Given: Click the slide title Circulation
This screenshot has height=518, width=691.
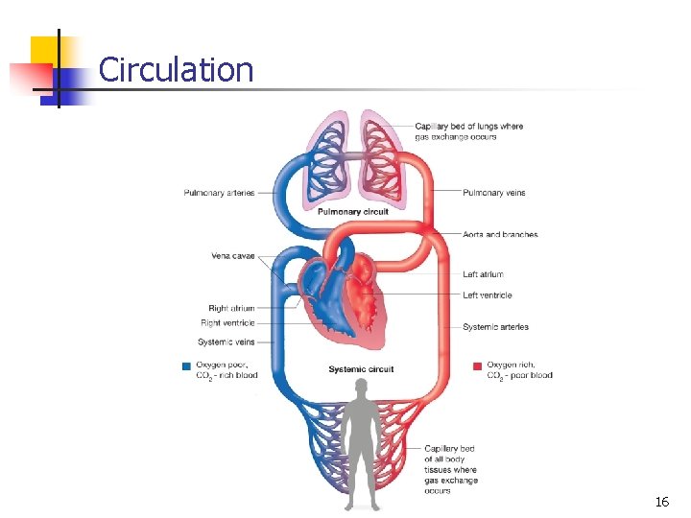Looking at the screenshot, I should point(176,70).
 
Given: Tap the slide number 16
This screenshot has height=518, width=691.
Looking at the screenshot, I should point(661,502).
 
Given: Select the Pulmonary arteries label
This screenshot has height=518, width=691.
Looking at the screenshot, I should point(219,193).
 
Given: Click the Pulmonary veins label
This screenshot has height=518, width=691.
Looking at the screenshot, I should point(494,193).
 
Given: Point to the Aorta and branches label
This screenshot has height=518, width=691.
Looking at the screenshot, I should point(500,234).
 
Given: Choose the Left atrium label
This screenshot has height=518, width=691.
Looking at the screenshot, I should point(483,274).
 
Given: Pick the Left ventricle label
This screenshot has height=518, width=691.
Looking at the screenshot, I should point(488,295).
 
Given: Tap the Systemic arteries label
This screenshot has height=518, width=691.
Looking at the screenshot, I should point(495,327).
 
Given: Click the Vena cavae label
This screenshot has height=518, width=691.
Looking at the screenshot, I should point(233,255).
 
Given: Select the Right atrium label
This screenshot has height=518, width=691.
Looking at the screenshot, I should point(231,309).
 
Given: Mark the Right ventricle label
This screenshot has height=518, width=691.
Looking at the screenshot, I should point(227,323).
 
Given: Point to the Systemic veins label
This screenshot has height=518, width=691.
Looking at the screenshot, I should point(226,341).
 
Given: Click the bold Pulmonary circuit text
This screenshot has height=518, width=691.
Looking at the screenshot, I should point(352,212).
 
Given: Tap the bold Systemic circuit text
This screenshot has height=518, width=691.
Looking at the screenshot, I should point(361,369).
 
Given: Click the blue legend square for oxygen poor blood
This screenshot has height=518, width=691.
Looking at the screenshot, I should point(186,365).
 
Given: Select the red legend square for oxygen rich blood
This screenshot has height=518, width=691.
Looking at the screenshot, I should point(477,365).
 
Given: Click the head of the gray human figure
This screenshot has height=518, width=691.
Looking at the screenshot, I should point(361,386).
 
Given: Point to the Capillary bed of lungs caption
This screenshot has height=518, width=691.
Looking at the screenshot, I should point(468,131).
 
